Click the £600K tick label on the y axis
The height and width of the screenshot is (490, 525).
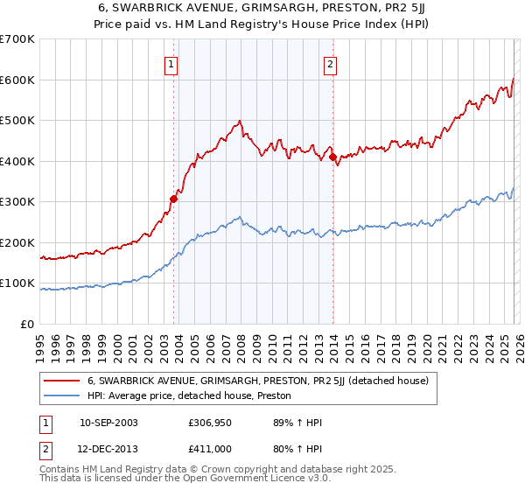click(x=17, y=80)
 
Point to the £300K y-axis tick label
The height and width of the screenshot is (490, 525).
click(x=17, y=202)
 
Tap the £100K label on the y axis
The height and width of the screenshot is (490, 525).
click(x=17, y=283)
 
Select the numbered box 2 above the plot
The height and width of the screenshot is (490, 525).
click(x=330, y=63)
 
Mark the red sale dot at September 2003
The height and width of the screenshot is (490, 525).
click(x=174, y=199)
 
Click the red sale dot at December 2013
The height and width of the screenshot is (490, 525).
click(x=333, y=157)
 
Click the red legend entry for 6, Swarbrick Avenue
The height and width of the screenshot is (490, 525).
click(x=257, y=381)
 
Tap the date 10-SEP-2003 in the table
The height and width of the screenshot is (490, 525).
click(x=108, y=423)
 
